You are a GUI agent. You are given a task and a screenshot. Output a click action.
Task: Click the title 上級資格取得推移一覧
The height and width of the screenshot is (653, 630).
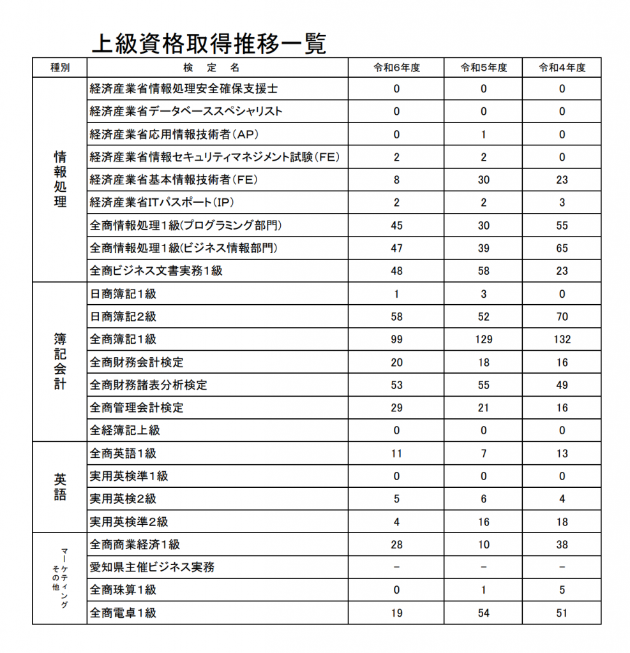click(209, 43)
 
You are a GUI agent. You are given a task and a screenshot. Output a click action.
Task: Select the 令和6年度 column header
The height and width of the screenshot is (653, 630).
click(396, 68)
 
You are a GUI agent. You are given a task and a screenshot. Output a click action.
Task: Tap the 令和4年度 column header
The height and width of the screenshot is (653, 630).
click(562, 68)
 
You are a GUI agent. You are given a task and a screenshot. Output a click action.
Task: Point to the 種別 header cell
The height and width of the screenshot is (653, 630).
click(59, 68)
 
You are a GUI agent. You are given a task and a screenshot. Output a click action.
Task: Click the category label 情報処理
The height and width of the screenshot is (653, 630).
click(60, 179)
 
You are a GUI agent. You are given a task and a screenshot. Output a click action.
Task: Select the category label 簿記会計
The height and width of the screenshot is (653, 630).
click(60, 361)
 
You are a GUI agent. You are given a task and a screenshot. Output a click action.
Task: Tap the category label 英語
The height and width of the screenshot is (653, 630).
click(60, 487)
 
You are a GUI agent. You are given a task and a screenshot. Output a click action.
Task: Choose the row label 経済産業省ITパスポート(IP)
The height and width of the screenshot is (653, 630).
click(161, 203)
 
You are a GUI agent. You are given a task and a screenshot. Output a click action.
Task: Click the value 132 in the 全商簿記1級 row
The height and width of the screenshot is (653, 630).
click(562, 339)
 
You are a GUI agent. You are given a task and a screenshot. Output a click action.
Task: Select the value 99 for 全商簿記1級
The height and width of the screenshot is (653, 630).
click(396, 339)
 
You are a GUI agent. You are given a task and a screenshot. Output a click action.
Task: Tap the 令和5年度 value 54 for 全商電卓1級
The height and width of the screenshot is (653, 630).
click(483, 613)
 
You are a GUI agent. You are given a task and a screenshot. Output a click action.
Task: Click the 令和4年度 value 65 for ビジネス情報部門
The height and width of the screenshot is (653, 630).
click(562, 248)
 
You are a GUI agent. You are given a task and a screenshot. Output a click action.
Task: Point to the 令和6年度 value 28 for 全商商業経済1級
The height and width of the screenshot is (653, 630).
click(396, 545)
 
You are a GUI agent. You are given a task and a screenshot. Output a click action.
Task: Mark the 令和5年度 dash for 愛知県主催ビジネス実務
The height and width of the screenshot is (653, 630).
click(483, 567)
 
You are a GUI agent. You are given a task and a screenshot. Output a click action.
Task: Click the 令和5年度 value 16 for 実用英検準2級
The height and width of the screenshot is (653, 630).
click(483, 522)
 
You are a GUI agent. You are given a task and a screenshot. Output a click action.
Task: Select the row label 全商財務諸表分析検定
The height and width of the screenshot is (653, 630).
click(149, 385)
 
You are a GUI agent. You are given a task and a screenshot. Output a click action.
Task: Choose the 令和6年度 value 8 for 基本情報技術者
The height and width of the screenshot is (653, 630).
click(396, 180)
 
